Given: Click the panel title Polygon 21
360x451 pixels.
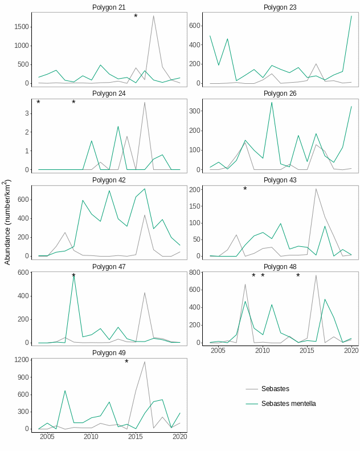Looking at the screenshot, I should [109, 7].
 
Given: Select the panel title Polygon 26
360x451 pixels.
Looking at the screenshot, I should [280, 94].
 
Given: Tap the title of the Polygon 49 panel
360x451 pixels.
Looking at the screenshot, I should [109, 353].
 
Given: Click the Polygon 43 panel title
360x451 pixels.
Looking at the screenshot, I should [280, 180].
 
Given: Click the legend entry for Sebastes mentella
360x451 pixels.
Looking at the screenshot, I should [288, 404].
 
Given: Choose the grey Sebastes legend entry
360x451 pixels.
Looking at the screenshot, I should [275, 389].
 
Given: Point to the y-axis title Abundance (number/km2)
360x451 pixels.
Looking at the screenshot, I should [7, 222].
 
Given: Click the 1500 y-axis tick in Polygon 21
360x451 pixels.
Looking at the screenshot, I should [22, 27].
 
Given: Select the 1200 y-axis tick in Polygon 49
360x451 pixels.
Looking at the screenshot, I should [22, 360].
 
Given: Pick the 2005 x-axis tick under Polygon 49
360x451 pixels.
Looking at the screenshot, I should [47, 437].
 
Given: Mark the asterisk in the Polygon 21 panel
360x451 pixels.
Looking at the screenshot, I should [136, 17].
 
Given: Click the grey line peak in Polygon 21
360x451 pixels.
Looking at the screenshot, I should [153, 16].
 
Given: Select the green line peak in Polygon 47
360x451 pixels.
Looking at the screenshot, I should [73, 276].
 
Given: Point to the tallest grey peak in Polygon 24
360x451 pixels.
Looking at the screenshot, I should [145, 103].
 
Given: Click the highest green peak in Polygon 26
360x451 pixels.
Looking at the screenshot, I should [272, 103].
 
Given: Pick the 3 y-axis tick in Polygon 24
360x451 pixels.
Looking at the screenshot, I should [27, 113].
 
